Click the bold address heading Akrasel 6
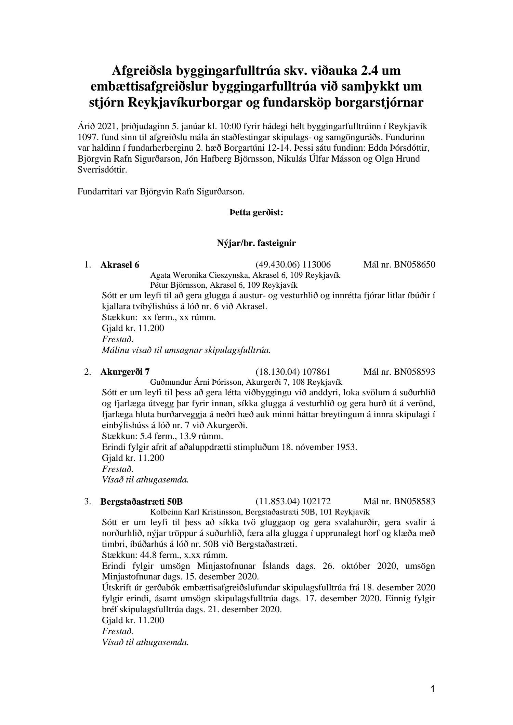pyautogui.click(x=120, y=265)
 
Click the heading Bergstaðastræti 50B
pyautogui.click(x=142, y=502)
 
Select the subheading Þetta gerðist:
pyautogui.click(x=256, y=213)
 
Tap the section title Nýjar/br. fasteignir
pyautogui.click(x=256, y=243)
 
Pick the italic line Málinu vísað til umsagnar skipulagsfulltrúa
pyautogui.click(x=186, y=350)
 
